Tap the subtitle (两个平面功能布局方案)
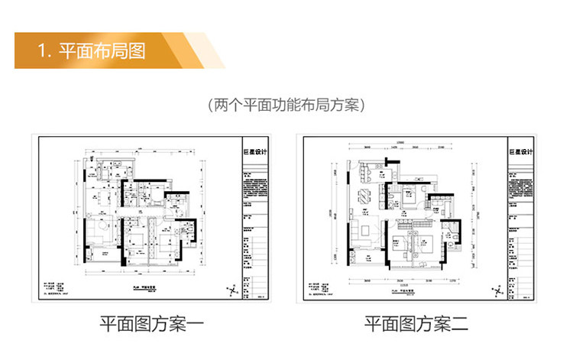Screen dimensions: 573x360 [x=286, y=105]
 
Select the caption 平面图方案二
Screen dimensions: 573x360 [x=416, y=325]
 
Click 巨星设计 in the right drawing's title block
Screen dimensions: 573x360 [x=520, y=152]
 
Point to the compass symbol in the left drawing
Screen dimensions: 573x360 [x=232, y=290]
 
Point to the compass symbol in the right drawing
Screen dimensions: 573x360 [x=500, y=289]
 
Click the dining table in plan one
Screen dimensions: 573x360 [x=99, y=196]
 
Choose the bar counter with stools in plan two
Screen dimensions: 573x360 [x=366, y=174]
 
